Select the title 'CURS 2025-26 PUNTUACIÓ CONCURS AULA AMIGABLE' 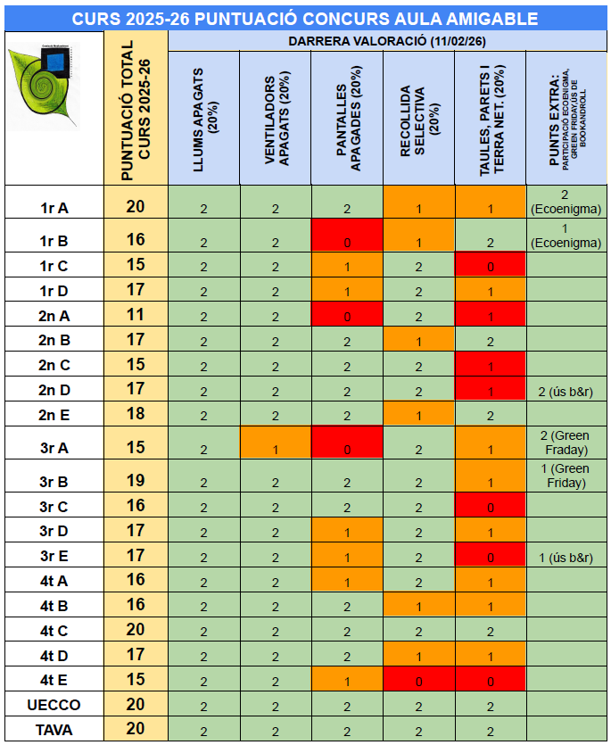304,19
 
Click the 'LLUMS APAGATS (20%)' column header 203,118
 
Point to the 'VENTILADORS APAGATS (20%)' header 275,118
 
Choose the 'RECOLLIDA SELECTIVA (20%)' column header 418,118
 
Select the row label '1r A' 54,208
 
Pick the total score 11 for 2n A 136,314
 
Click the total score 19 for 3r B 136,481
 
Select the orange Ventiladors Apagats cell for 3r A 275,443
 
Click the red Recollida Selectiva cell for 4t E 418,679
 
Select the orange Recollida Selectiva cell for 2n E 418,414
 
